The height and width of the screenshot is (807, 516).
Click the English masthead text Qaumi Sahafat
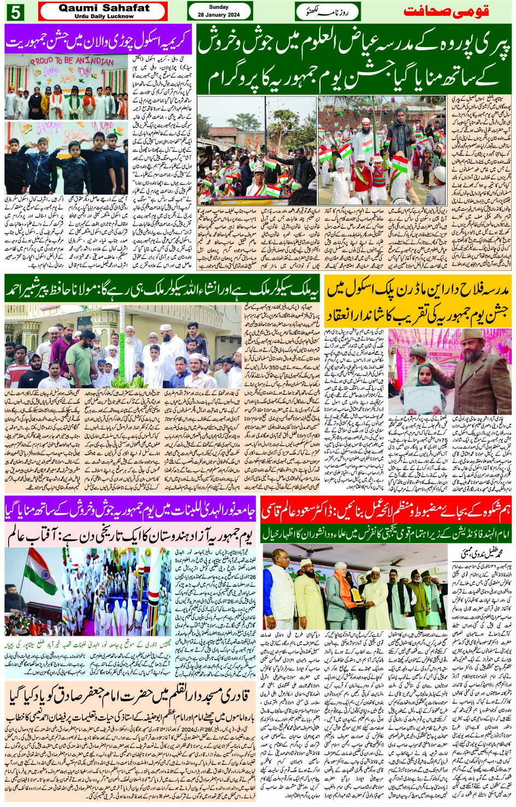[103, 8]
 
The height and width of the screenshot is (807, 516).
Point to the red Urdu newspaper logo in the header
[446, 11]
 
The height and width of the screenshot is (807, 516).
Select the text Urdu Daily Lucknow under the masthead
[103, 16]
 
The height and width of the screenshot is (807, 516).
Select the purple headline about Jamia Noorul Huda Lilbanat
[130, 511]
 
